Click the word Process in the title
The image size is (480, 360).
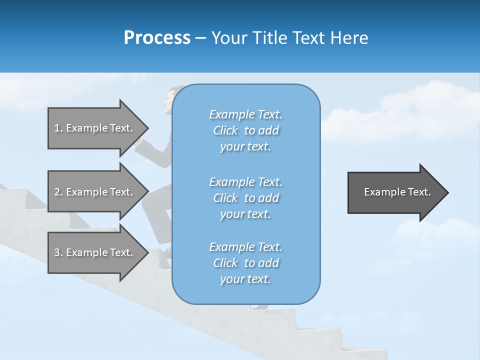coord(157,38)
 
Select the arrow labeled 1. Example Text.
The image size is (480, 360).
coord(95,128)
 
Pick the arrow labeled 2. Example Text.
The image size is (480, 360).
coord(95,192)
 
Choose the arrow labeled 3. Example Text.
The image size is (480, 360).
coord(95,252)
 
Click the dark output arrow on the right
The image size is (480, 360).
coord(395,192)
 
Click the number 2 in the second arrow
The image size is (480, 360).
coord(57,192)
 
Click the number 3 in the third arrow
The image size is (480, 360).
coord(57,252)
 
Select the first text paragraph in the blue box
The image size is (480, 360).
coord(245,130)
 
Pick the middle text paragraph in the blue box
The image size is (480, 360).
coord(245,198)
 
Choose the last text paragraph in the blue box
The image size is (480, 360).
coord(245,263)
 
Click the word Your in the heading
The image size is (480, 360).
coord(228,38)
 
